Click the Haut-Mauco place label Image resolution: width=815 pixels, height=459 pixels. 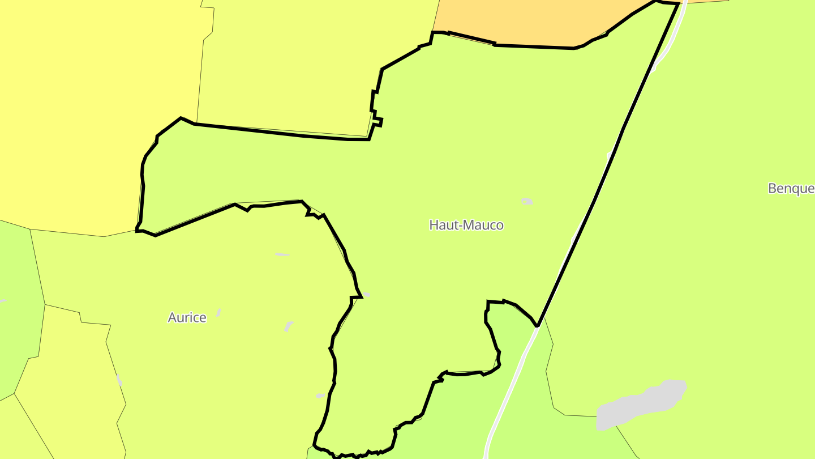(x=466, y=225)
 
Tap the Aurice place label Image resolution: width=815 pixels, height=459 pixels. (x=187, y=317)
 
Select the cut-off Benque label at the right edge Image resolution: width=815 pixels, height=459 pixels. (x=791, y=188)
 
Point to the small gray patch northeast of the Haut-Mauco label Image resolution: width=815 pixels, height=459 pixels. (x=527, y=201)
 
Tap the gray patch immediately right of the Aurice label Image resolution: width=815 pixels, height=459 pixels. (x=218, y=312)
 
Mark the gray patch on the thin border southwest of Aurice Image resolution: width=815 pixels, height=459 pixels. (x=119, y=380)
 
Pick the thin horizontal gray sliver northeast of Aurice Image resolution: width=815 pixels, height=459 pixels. (x=282, y=254)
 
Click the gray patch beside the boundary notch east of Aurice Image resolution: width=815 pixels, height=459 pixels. (x=366, y=295)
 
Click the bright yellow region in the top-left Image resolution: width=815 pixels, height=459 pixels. (x=85, y=102)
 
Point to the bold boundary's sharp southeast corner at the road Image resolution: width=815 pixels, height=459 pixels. (x=537, y=326)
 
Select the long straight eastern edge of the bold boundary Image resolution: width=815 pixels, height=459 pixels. (x=608, y=164)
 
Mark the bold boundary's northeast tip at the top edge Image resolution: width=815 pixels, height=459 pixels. (x=677, y=3)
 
